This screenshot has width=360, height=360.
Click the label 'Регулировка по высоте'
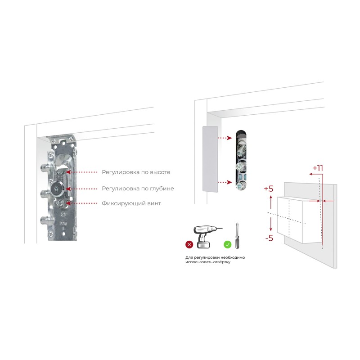136,172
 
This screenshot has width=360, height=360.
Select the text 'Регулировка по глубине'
138,189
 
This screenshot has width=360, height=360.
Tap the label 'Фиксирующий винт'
131,203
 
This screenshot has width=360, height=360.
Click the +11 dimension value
318,168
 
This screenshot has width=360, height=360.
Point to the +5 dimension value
269,189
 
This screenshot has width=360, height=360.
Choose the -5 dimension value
269,238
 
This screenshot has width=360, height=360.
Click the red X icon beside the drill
189,244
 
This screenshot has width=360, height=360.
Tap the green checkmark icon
228,244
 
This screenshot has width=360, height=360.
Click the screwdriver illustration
237,235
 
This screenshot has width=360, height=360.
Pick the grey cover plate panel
210,159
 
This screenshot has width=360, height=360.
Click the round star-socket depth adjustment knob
56,189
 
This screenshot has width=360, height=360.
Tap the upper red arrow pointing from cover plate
225,138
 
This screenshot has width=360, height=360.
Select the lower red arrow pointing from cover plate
225,182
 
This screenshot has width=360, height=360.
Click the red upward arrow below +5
271,202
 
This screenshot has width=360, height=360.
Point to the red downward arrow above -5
271,224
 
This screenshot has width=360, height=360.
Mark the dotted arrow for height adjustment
81,172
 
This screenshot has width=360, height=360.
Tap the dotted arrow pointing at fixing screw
81,203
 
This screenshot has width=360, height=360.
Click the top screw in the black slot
241,147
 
